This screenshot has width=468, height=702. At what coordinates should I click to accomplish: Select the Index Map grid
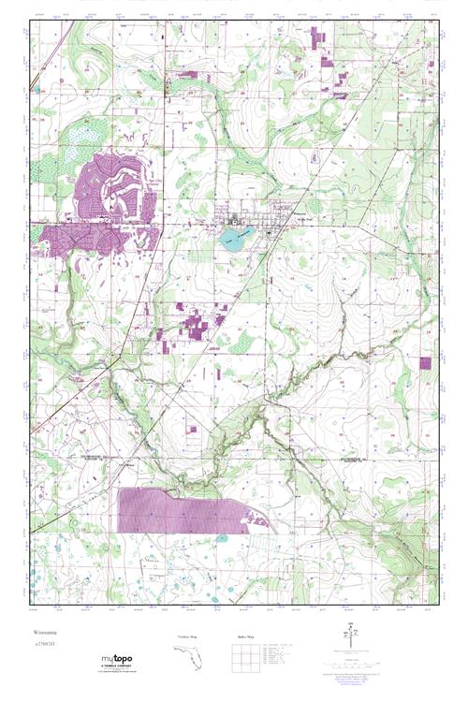[x=243, y=666]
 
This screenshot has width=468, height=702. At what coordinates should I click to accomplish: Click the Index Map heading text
[x=242, y=637]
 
